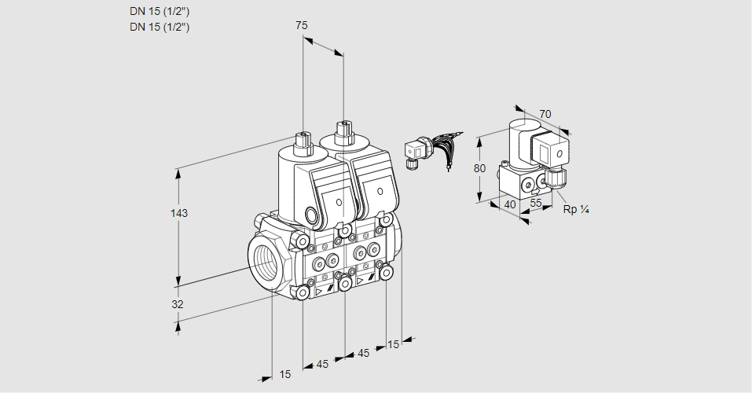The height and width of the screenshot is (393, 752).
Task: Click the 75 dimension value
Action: click(301, 25)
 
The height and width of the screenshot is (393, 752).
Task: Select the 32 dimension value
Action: click(178, 304)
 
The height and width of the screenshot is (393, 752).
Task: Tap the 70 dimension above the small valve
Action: click(545, 114)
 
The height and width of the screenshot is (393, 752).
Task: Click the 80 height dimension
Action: click(481, 167)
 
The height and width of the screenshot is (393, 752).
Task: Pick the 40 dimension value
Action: click(509, 204)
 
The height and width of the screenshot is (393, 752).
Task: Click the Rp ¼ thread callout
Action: click(576, 209)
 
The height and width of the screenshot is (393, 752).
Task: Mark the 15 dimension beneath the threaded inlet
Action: click(284, 375)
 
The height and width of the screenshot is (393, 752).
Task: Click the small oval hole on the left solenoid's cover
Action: click(339, 203)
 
